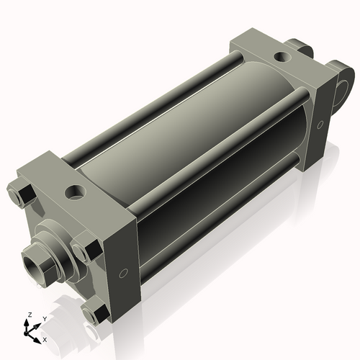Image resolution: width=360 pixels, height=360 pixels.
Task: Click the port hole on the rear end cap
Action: click(x=282, y=57)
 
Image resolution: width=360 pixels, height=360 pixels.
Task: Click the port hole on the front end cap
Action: click(x=76, y=192)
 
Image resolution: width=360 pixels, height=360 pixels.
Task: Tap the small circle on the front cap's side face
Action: click(x=123, y=274)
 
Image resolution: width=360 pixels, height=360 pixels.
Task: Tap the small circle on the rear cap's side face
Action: click(x=320, y=125)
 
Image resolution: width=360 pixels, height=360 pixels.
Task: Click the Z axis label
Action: click(x=30, y=315)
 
